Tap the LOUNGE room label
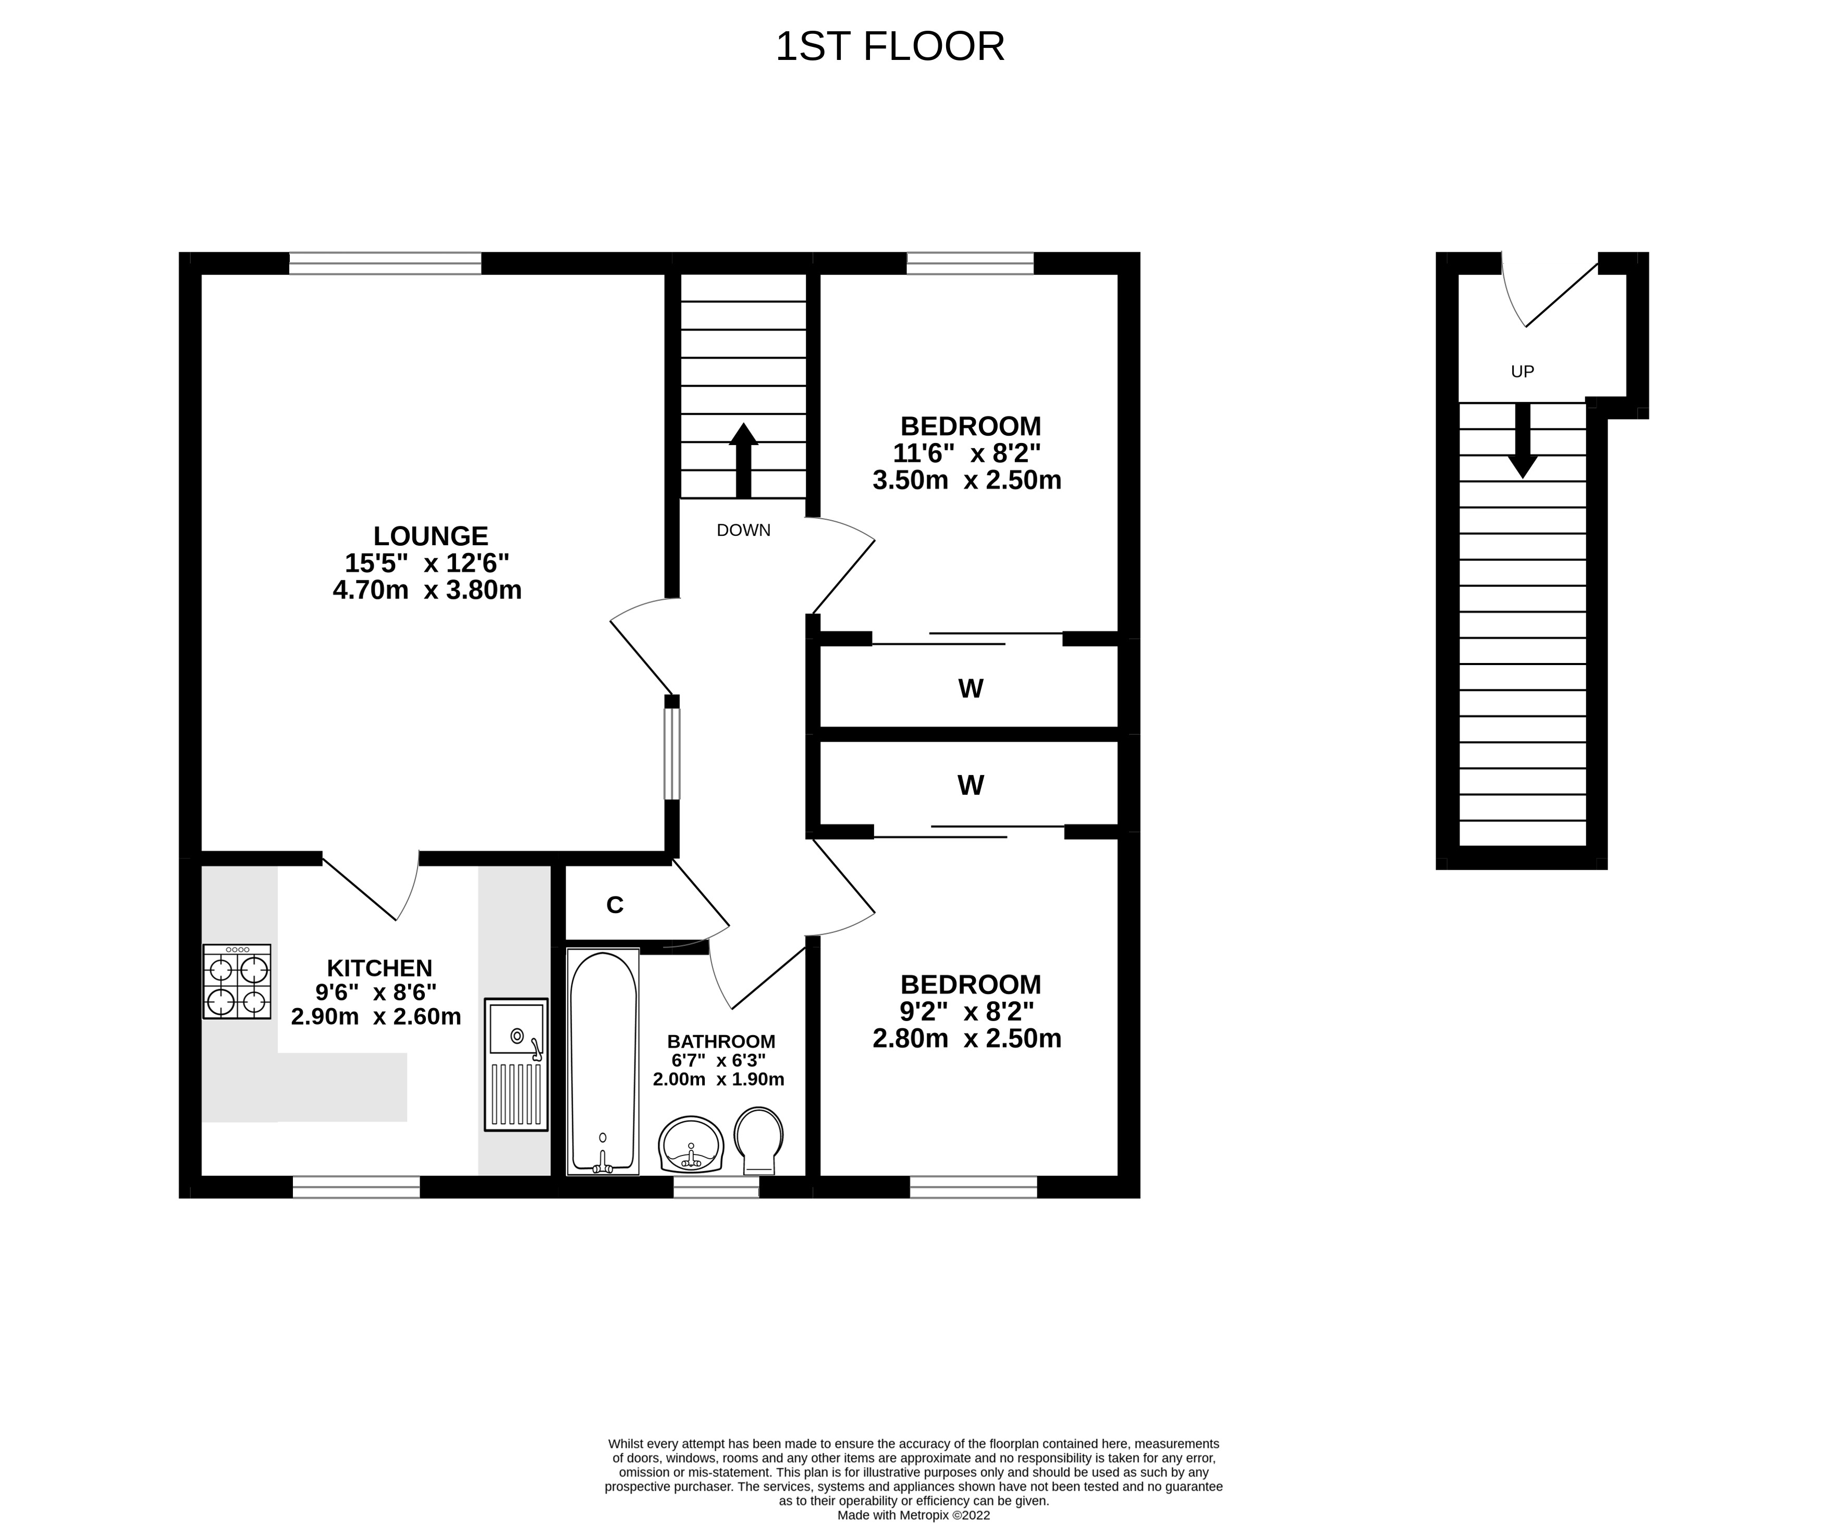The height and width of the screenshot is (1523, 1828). [x=431, y=535]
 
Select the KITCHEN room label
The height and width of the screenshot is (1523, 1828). [x=379, y=968]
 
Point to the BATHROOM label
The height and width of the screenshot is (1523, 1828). [x=721, y=1041]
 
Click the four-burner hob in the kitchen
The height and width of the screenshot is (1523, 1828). [x=237, y=981]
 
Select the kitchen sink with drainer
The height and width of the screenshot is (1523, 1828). [x=516, y=1064]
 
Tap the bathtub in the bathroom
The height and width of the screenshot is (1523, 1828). [x=603, y=1061]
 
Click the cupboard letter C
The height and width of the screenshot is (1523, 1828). [x=615, y=905]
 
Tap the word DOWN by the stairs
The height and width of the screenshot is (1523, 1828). [x=743, y=530]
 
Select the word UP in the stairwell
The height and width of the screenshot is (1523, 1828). [x=1523, y=372]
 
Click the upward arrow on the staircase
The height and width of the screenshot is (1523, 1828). [x=743, y=460]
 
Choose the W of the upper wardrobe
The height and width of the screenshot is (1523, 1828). [x=971, y=689]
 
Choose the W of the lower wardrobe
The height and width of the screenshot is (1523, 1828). [x=971, y=785]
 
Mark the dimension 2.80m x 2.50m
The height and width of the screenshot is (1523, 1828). [x=967, y=1038]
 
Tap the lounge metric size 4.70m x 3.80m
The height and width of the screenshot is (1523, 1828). [x=427, y=590]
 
